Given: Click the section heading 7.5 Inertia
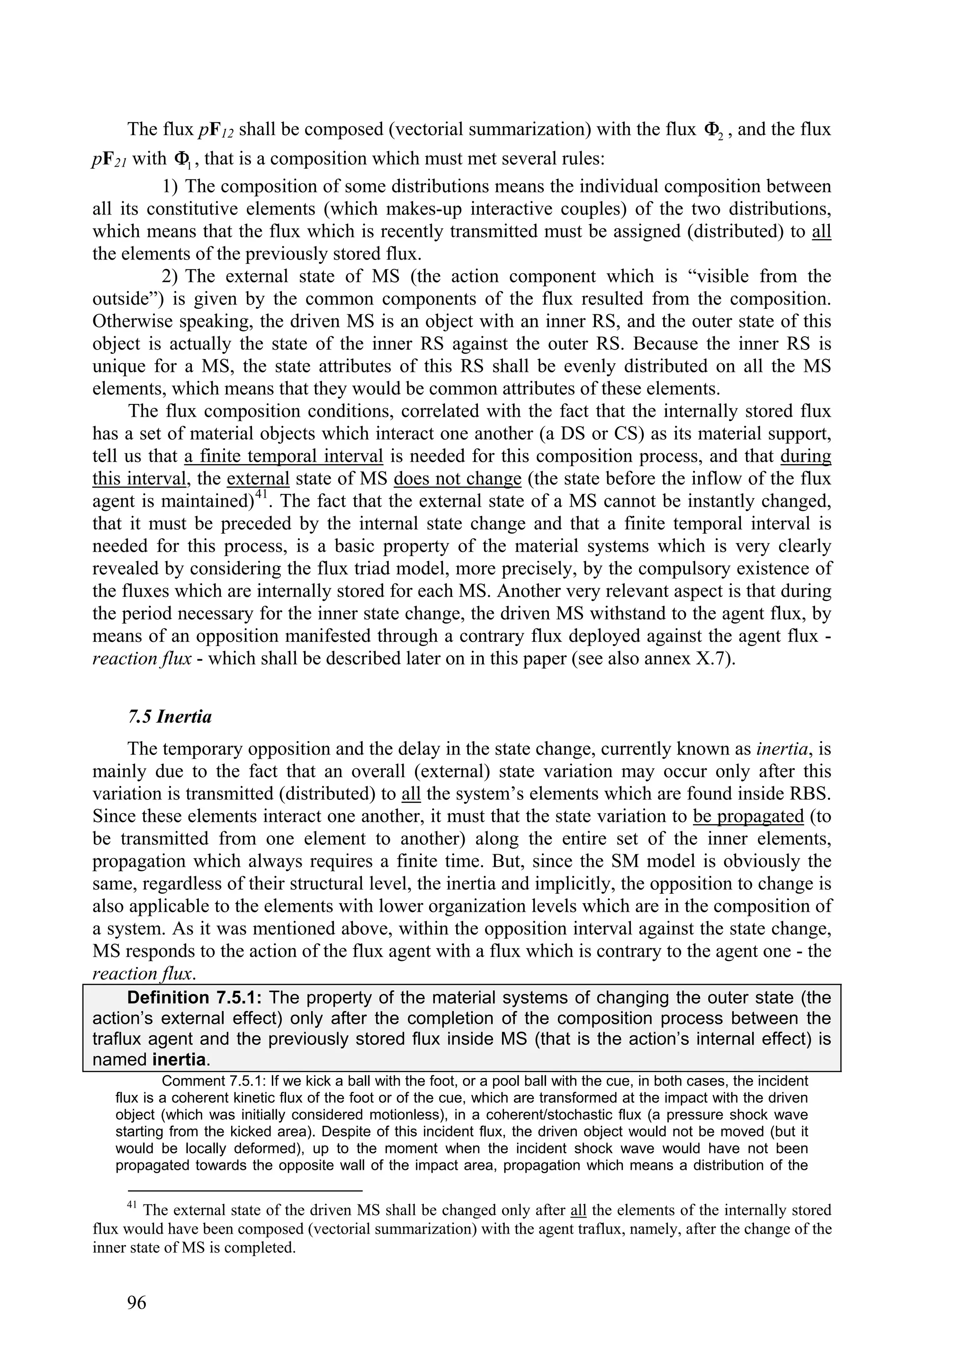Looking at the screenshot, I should click(x=169, y=717).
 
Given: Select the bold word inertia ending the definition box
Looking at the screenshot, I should click(x=180, y=1060).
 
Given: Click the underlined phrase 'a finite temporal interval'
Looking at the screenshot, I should click(x=283, y=457).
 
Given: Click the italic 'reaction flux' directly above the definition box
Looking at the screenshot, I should click(x=142, y=973).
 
